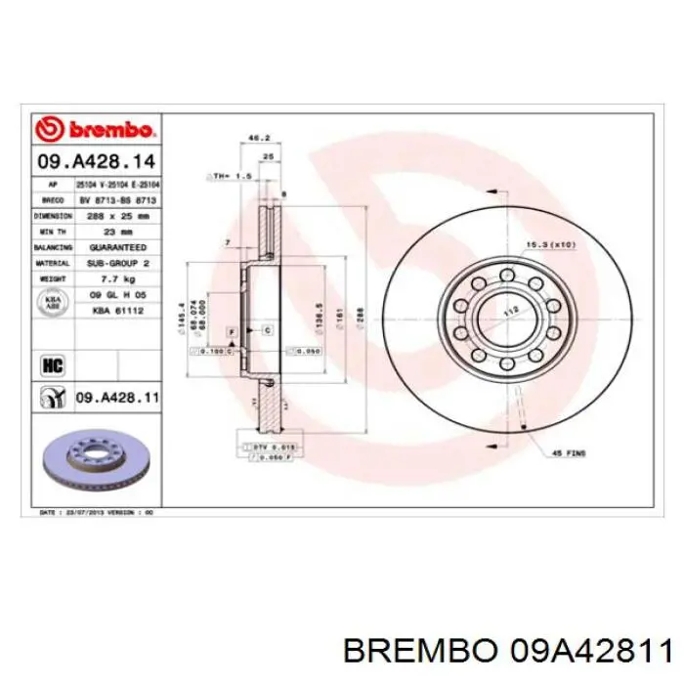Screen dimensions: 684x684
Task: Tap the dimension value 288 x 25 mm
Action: click(x=116, y=215)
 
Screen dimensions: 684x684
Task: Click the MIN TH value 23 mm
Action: click(x=116, y=232)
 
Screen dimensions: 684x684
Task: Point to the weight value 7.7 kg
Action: click(x=116, y=278)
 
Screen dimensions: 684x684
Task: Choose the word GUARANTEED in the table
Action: click(x=116, y=247)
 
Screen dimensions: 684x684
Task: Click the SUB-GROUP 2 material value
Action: click(x=116, y=263)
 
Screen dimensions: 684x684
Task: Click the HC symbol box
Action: click(x=50, y=364)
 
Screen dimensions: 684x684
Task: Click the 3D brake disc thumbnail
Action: click(x=96, y=461)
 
